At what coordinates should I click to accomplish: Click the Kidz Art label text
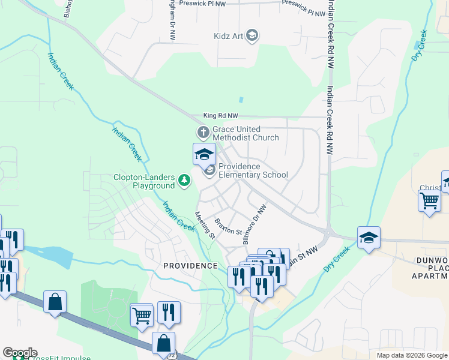[228, 36]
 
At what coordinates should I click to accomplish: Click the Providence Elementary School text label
[253, 170]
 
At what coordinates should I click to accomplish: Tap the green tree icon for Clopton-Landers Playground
[185, 179]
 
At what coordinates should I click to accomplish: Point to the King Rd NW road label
[220, 115]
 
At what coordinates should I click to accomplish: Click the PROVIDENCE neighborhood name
[190, 265]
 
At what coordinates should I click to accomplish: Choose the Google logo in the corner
[19, 353]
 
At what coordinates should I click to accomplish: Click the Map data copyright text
[411, 355]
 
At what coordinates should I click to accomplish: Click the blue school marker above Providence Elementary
[204, 154]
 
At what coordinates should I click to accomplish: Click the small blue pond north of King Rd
[241, 100]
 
